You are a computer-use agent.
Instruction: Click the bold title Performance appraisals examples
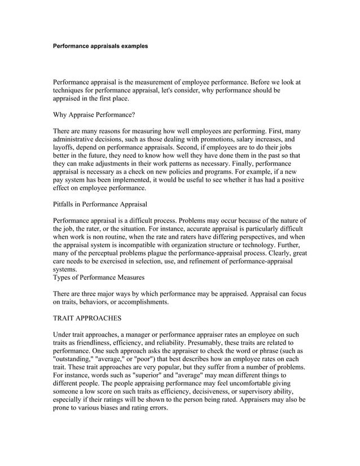tap(100, 46)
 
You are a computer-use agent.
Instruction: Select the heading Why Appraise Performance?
tap(94, 115)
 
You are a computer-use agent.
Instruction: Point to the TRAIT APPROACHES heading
tap(91, 318)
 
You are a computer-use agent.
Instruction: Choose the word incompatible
tap(148, 246)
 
